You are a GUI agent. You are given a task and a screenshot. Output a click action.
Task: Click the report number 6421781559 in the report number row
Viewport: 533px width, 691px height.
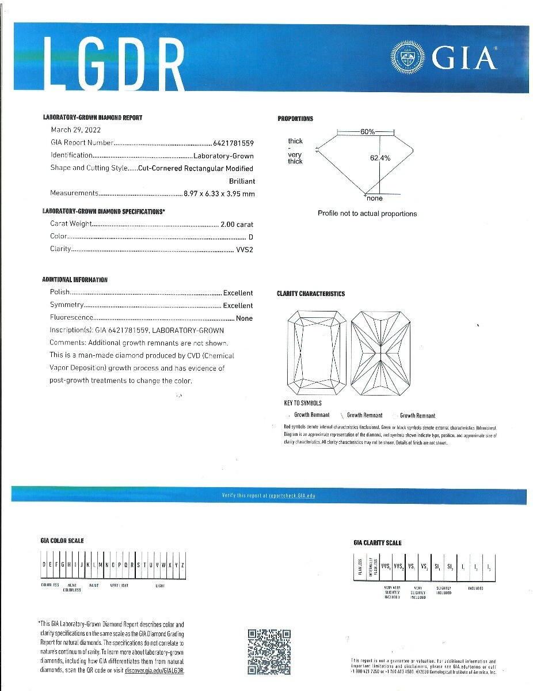pyautogui.click(x=234, y=143)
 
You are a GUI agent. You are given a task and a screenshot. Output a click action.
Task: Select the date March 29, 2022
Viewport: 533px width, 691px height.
pyautogui.click(x=75, y=130)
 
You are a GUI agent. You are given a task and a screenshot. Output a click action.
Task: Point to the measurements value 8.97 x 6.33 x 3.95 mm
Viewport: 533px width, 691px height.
pyautogui.click(x=219, y=193)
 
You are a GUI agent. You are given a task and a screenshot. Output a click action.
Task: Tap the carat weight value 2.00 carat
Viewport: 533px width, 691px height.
pyautogui.click(x=237, y=224)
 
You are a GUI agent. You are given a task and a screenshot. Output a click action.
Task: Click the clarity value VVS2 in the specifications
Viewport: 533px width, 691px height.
pyautogui.click(x=245, y=249)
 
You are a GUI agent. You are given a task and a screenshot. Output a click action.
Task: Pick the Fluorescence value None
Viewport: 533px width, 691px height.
pyautogui.click(x=244, y=318)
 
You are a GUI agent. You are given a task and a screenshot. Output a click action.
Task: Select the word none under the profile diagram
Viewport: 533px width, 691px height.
pyautogui.click(x=374, y=199)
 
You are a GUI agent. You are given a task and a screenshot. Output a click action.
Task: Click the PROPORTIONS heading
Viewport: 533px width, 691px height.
pyautogui.click(x=295, y=119)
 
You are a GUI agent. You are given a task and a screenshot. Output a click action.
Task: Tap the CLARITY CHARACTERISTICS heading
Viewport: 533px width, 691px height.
pyautogui.click(x=311, y=294)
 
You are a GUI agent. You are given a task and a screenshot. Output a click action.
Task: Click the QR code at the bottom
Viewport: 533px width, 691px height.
pyautogui.click(x=269, y=652)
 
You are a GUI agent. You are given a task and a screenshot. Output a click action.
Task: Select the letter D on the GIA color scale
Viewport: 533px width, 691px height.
pyautogui.click(x=44, y=565)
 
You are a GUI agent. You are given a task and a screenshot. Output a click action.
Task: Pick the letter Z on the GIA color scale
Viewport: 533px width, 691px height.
pyautogui.click(x=182, y=565)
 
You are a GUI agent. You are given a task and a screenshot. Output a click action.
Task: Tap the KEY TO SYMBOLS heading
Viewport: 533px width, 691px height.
pyautogui.click(x=303, y=403)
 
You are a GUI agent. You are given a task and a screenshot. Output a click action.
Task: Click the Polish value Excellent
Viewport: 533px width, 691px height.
pyautogui.click(x=238, y=293)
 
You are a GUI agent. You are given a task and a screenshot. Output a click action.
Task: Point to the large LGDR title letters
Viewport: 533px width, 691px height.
pyautogui.click(x=114, y=62)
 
